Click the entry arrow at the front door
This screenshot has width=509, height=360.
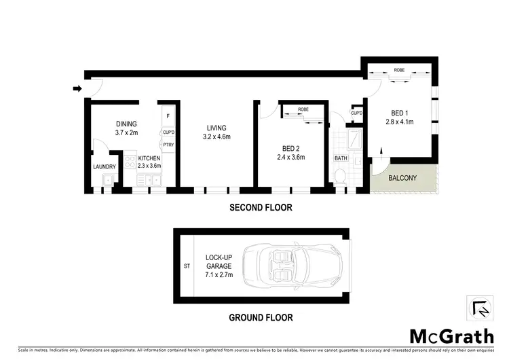coord(77,88)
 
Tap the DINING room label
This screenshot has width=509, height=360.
coord(126,124)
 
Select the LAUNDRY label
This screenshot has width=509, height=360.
coord(104,166)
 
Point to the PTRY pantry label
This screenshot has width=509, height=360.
coord(168,145)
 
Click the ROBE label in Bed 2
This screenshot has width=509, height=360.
coord(303,109)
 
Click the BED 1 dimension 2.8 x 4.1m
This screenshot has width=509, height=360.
coord(400,123)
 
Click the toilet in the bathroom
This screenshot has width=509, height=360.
coord(341,177)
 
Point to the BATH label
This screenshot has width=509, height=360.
coord(341,158)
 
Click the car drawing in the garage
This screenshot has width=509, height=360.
coord(296,266)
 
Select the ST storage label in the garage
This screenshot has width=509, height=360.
coord(187,266)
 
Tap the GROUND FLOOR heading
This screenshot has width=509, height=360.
coord(261,317)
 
